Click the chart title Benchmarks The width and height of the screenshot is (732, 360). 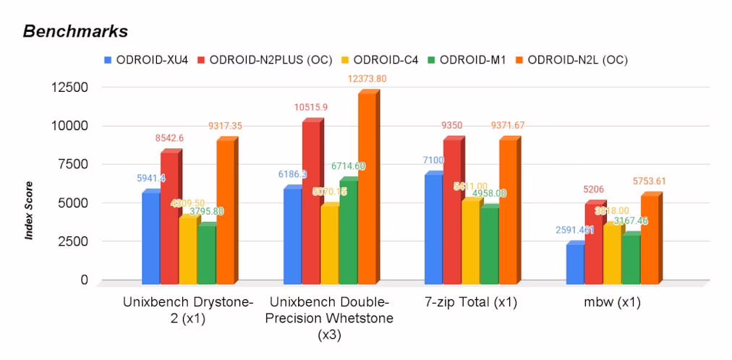point(75,32)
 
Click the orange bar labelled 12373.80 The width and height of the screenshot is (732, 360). point(367,188)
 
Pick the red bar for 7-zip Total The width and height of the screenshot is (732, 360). point(452,210)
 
